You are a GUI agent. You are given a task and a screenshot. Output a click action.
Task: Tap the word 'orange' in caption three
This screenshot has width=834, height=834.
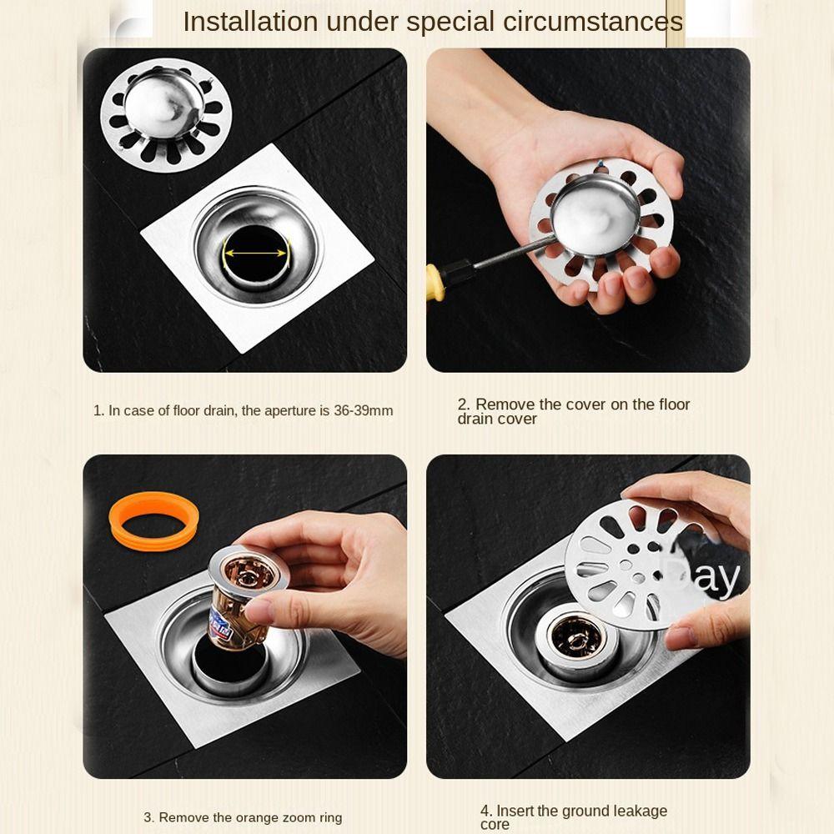pos(258,817)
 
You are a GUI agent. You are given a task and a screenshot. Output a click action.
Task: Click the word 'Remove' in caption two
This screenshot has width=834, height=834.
pos(505,404)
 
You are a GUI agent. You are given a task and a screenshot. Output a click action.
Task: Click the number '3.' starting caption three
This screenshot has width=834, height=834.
pos(148,817)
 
